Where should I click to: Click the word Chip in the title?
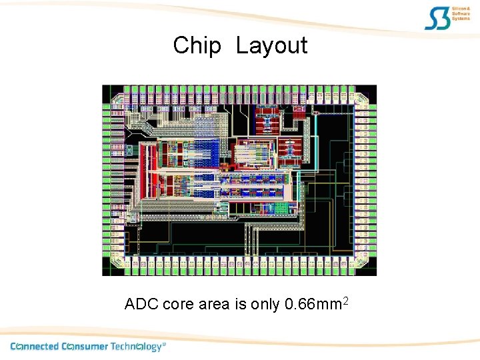click(197, 46)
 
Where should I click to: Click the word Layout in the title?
click(271, 46)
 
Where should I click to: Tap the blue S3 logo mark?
click(437, 19)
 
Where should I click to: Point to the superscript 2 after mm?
click(345, 301)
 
